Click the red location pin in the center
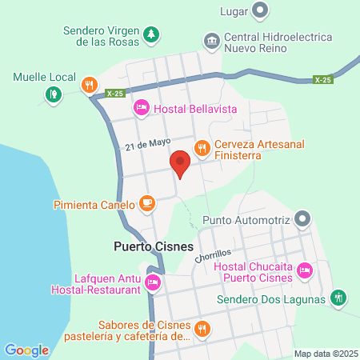point(181,164)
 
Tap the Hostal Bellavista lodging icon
point(141,106)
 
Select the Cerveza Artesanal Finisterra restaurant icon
point(202,147)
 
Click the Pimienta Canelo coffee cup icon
point(146,203)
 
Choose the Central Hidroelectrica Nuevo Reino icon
point(211,40)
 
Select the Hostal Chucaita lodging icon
point(304,271)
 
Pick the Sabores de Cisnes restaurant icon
point(202,328)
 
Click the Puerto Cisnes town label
point(149,246)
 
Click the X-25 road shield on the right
point(322,79)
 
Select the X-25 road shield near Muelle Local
point(114,93)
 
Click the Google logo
point(26,350)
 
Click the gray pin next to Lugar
point(259,11)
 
